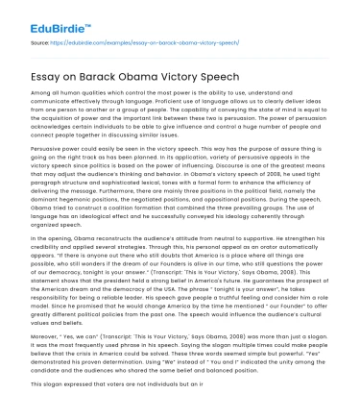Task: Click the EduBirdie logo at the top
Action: (x=39, y=21)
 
